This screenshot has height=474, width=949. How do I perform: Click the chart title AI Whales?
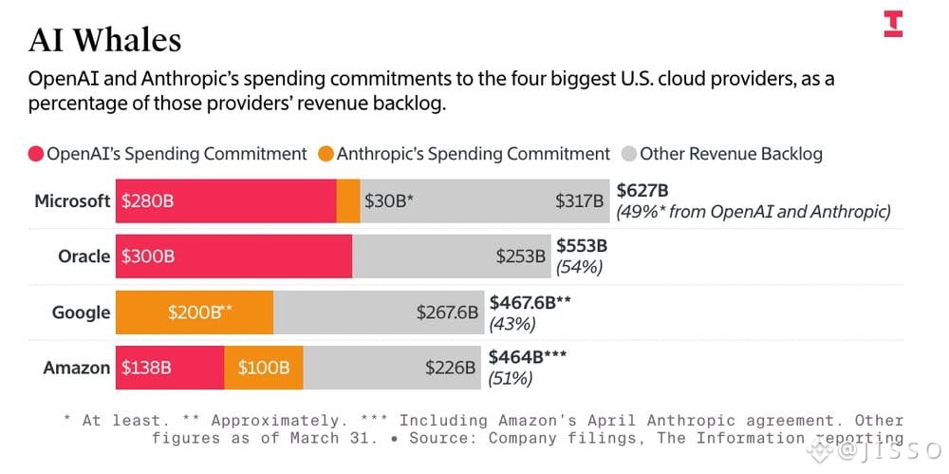pos(104,41)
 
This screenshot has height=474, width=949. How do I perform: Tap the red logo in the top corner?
pos(893,24)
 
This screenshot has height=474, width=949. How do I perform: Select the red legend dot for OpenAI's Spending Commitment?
pos(36,154)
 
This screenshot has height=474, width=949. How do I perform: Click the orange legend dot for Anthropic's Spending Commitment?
pos(326,154)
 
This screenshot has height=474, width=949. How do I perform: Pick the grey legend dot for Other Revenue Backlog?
pos(629,154)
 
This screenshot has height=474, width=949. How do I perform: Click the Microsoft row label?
pos(73,200)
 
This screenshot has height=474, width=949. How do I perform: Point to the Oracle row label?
pos(84,256)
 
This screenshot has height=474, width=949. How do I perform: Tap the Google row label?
pos(81,313)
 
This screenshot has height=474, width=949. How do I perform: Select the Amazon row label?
pos(76,368)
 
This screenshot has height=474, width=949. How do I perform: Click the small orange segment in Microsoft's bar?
pos(348,200)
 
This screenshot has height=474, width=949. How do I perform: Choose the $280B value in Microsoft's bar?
pos(147,201)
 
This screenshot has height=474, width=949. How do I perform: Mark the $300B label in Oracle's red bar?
pos(148,256)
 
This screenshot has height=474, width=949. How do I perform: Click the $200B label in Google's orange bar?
pos(199,313)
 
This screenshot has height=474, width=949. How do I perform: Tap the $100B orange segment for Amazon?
pos(264,368)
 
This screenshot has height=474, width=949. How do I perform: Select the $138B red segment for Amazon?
pos(170,368)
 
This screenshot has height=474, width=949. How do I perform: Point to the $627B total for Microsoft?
pos(642,191)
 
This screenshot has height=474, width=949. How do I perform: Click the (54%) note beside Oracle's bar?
pos(579,267)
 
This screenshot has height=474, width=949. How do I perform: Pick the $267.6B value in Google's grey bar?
pos(447,313)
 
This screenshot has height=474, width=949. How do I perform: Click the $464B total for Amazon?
pos(528,357)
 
